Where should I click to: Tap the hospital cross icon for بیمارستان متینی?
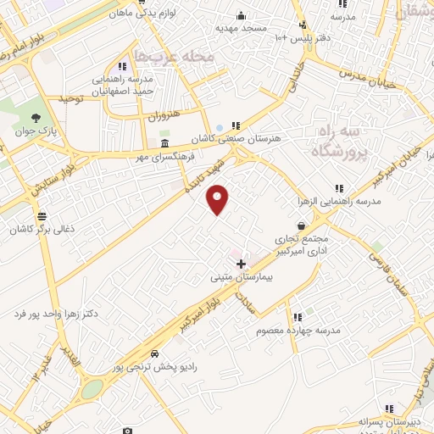pyautogui.click(x=241, y=264)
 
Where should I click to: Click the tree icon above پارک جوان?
pyautogui.click(x=35, y=118)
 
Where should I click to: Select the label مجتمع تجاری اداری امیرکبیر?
pyautogui.click(x=306, y=246)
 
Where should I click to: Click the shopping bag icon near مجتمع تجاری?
pyautogui.click(x=302, y=227)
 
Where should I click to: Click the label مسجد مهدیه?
pyautogui.click(x=241, y=27)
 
